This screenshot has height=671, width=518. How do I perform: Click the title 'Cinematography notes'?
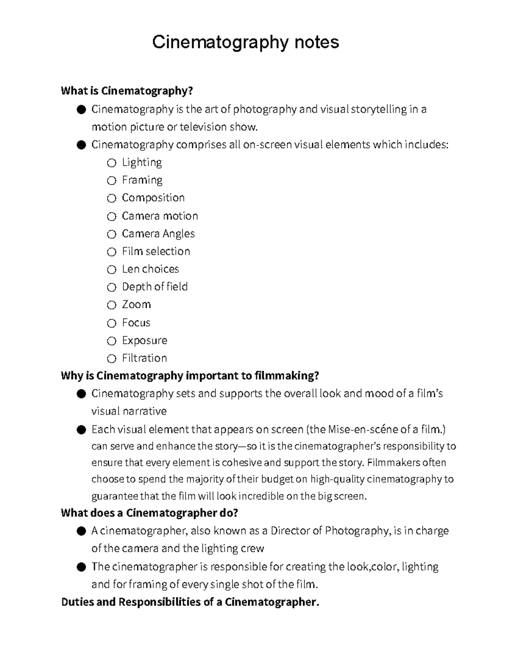coord(245,42)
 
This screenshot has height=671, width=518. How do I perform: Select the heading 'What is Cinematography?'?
coord(126,91)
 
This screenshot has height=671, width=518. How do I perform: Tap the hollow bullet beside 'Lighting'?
coord(112,163)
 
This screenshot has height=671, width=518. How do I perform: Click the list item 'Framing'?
coord(142,180)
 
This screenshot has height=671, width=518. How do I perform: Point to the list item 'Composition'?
coord(153,198)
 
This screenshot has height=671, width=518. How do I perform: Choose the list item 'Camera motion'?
coord(160,216)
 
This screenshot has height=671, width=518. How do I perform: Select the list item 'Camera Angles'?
coord(158,234)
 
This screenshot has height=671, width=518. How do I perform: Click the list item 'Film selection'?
coord(156,251)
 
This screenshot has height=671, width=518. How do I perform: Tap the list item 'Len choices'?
coord(150,269)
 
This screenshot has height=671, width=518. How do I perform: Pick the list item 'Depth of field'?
coord(155,287)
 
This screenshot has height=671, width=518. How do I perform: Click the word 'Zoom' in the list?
coord(136,305)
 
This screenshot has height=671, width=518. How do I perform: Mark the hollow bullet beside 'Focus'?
coord(112,323)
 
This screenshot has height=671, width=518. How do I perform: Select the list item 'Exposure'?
coord(144,340)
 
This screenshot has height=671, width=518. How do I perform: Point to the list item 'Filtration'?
coord(144,358)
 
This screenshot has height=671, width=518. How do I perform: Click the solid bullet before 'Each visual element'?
coord(81,430)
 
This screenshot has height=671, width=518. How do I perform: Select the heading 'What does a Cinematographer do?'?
coord(149,513)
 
